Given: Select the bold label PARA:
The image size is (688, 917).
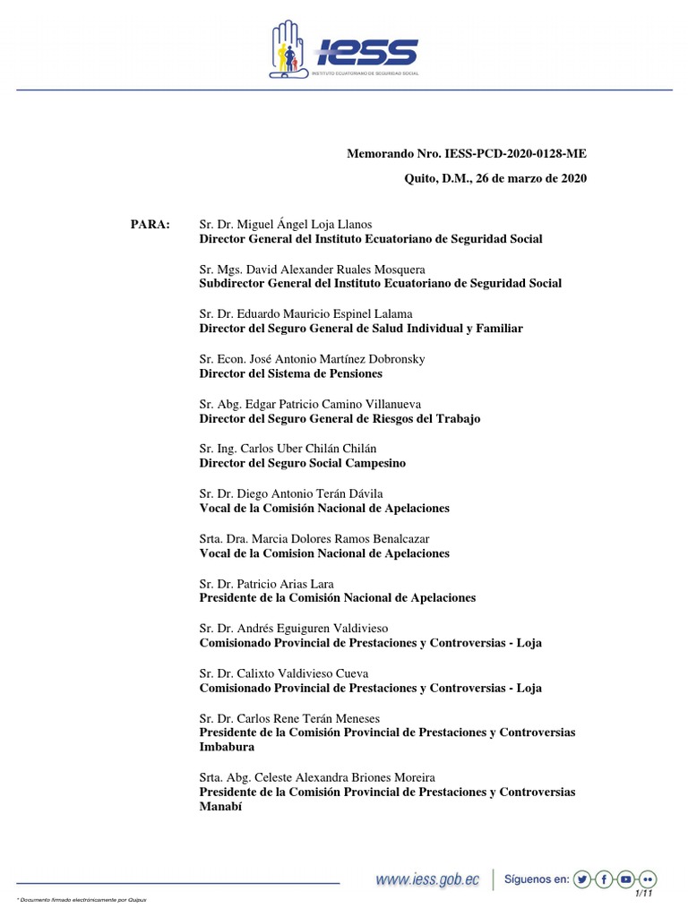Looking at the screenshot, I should pyautogui.click(x=150, y=224).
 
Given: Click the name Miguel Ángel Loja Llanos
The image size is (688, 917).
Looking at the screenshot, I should pyautogui.click(x=298, y=224).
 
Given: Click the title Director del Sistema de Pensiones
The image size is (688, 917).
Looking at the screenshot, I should pyautogui.click(x=290, y=373).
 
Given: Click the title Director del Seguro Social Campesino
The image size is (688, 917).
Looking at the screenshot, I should pyautogui.click(x=302, y=463).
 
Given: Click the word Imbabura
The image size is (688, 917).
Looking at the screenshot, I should pyautogui.click(x=227, y=747).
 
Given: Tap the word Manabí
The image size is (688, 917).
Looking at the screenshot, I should pyautogui.click(x=220, y=807).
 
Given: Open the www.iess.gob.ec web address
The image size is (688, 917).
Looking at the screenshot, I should pyautogui.click(x=428, y=880).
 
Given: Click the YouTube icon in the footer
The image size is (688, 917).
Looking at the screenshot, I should pyautogui.click(x=627, y=879).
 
